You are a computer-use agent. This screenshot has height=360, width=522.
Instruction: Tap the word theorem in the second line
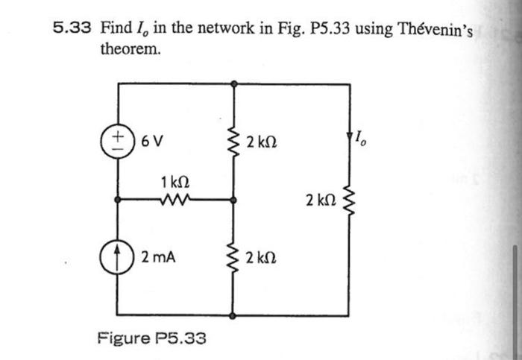tap(130, 50)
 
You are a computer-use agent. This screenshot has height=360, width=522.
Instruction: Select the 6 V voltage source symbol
tap(116, 142)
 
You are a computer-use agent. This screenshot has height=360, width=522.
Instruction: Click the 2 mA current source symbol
tap(116, 257)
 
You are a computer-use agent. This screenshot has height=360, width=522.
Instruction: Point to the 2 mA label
tap(159, 257)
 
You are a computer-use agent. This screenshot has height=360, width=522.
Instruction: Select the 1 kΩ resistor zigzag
tap(176, 200)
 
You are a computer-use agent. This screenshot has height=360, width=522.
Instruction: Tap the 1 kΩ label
tap(174, 181)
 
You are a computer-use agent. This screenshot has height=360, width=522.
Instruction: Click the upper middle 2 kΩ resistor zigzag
tap(234, 142)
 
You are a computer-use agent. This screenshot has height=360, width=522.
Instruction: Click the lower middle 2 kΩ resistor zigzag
tap(234, 257)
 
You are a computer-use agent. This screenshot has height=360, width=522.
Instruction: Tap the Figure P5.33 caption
tap(151, 338)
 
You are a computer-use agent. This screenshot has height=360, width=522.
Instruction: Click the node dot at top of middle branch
tap(234, 83)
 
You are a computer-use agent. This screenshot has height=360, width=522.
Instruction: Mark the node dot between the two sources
tap(116, 200)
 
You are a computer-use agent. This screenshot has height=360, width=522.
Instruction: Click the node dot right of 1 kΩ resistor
tap(234, 200)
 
